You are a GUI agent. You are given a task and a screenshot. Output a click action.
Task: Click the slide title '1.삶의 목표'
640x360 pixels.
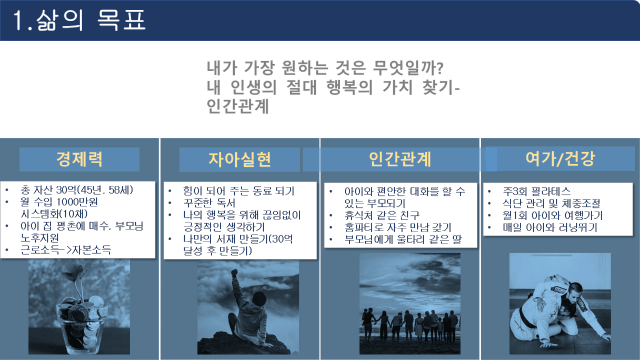pos(79,20)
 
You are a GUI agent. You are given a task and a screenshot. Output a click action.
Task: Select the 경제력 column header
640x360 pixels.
pos(79,159)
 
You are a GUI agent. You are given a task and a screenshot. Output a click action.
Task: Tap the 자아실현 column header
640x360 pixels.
pos(239,159)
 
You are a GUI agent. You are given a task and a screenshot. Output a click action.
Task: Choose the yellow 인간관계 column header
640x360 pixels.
pos(400,159)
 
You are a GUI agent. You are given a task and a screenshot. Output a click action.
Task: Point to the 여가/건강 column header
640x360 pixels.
pos(560,159)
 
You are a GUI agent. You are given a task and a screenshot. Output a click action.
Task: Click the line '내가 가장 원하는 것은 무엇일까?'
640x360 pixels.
pos(325,68)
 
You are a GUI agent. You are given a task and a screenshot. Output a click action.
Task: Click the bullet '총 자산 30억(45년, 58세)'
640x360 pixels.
pos(77,190)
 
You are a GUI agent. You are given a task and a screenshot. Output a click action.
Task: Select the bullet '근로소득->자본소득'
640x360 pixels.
pos(66,250)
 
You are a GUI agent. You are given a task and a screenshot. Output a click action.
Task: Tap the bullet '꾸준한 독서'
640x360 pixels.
pos(209,203)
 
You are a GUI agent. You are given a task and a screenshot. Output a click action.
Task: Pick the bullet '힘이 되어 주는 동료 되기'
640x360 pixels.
pos(238,191)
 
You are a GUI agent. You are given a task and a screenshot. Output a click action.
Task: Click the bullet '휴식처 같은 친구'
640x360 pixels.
pos(382,215)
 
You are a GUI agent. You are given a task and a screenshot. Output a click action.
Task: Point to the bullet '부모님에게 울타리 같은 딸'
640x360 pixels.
pos(403,239)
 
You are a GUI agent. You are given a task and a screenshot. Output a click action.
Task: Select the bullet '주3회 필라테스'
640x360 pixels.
pos(536,191)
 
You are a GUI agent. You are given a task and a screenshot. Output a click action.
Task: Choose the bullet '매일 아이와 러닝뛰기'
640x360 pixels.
pos(550,227)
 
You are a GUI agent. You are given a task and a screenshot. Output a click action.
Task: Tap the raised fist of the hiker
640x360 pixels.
pos(235,272)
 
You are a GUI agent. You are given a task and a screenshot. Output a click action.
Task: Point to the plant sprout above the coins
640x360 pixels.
pos(76,278)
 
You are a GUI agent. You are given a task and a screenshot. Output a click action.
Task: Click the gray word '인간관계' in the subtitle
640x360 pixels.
pos(238,106)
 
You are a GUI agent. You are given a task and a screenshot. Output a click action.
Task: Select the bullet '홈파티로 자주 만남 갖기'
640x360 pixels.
pos(398,227)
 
